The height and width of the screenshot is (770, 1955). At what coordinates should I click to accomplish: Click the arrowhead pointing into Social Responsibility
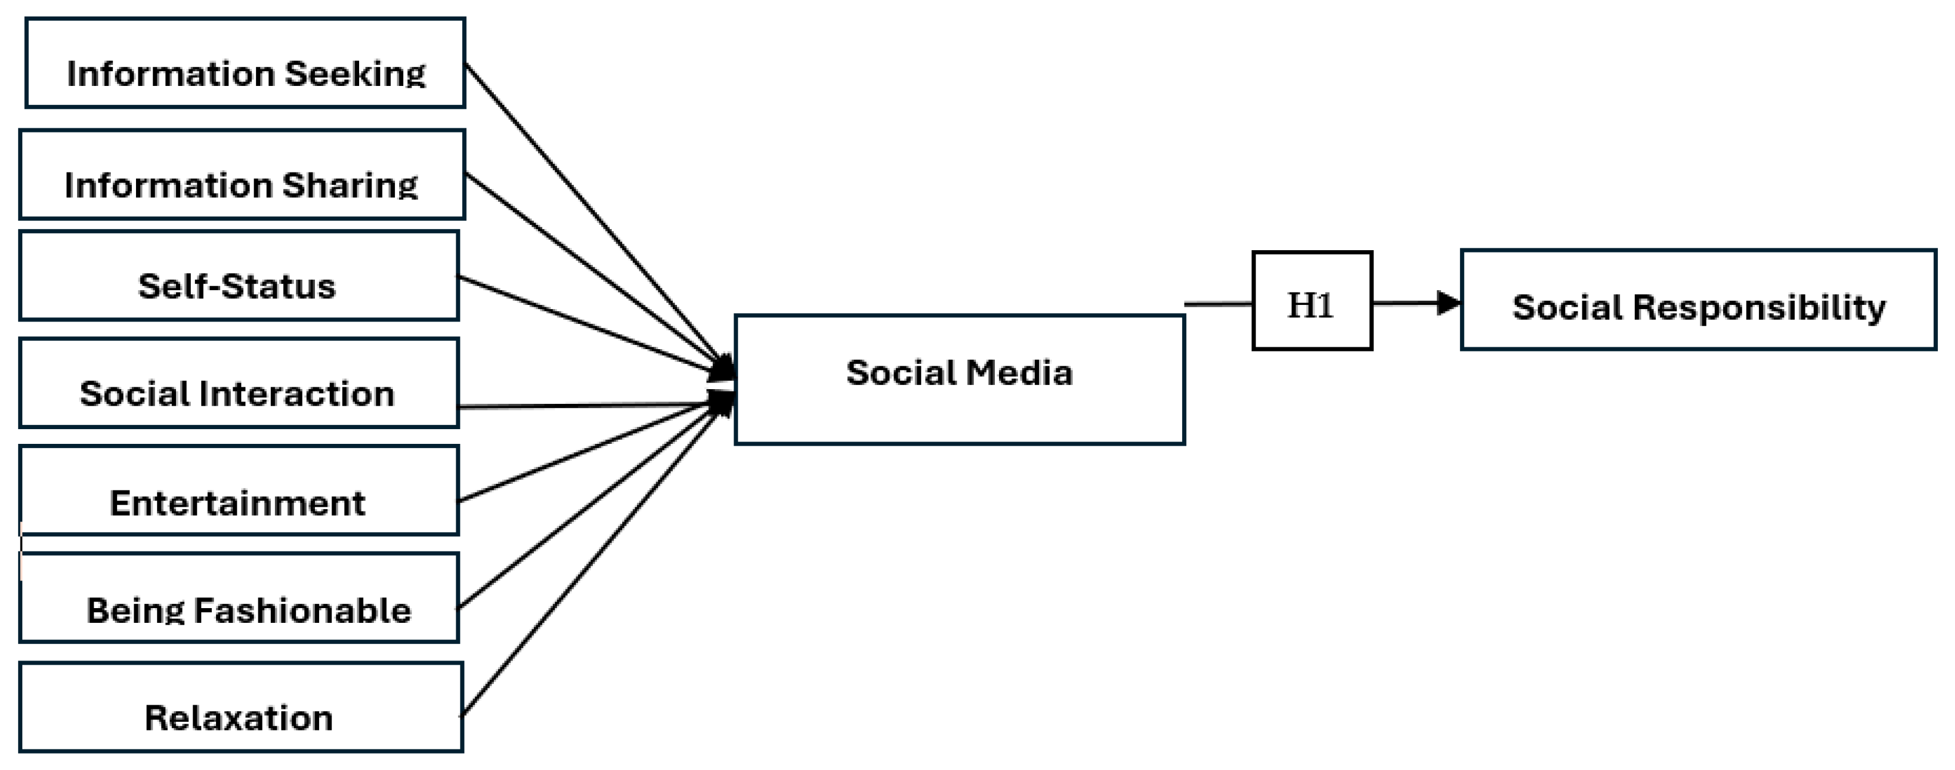pos(1448,303)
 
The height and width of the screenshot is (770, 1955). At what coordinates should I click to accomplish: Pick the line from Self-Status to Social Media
pos(585,323)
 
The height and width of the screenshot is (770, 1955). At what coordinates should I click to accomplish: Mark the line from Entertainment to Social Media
pos(585,453)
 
